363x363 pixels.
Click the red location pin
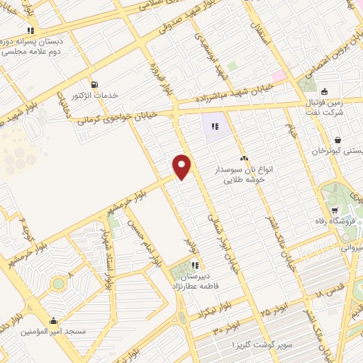(182, 166)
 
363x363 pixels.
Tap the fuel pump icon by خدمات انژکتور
(94, 83)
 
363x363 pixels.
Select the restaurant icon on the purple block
(215, 128)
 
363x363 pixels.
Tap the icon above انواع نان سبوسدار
(245, 158)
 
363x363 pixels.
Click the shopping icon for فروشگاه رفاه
(335, 211)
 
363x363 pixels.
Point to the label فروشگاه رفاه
(334, 222)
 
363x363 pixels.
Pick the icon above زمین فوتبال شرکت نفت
(324, 91)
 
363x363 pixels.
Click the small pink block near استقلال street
(279, 74)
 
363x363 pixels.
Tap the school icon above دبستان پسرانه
(30, 30)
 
